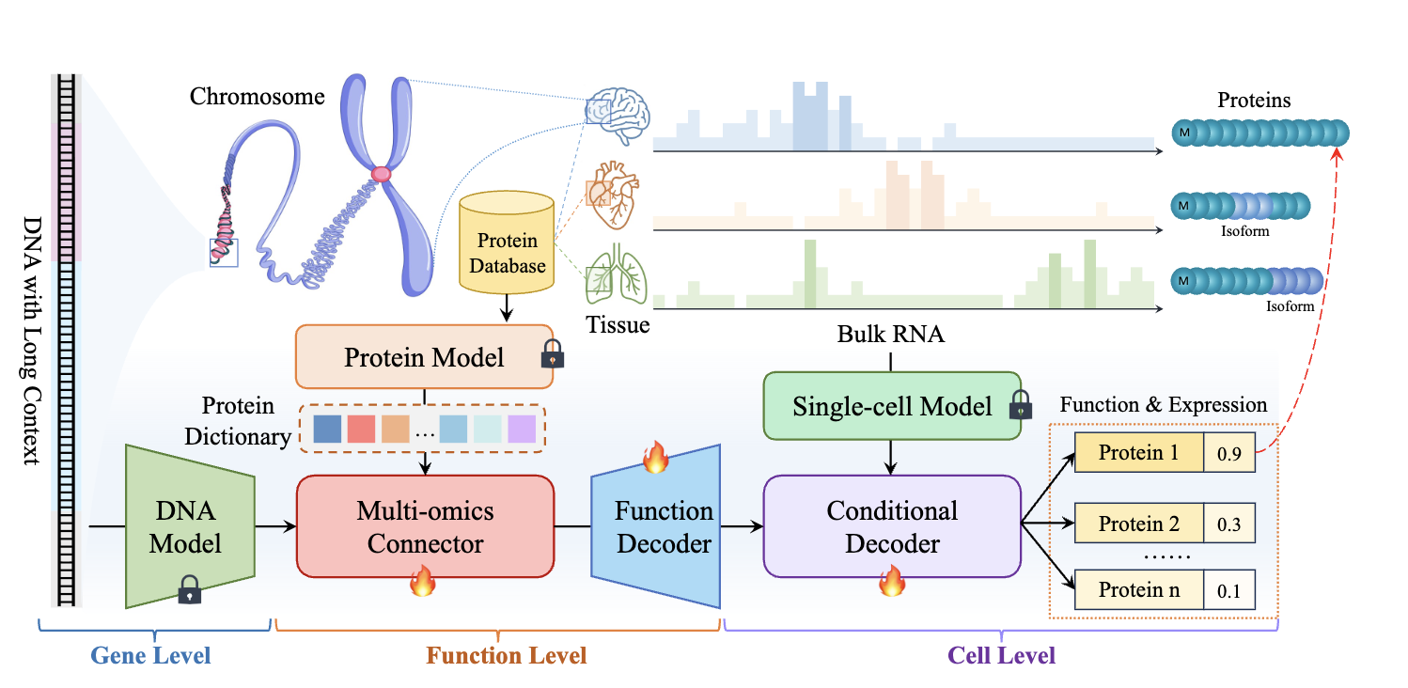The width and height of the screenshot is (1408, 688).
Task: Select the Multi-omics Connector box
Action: click(425, 526)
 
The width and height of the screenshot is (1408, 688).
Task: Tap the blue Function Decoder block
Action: click(658, 527)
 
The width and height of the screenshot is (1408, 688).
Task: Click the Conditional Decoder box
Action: click(891, 526)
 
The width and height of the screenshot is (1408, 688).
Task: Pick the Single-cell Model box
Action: click(891, 406)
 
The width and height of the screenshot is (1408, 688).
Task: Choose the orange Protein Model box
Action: click(424, 357)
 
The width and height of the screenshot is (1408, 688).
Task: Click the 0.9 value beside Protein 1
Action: click(1228, 454)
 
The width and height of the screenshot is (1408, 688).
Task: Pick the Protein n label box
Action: click(1138, 590)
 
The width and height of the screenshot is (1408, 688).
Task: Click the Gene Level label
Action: click(150, 655)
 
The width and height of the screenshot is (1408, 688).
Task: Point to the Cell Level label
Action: click(1001, 655)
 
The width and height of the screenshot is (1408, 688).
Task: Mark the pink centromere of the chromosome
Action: click(381, 174)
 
